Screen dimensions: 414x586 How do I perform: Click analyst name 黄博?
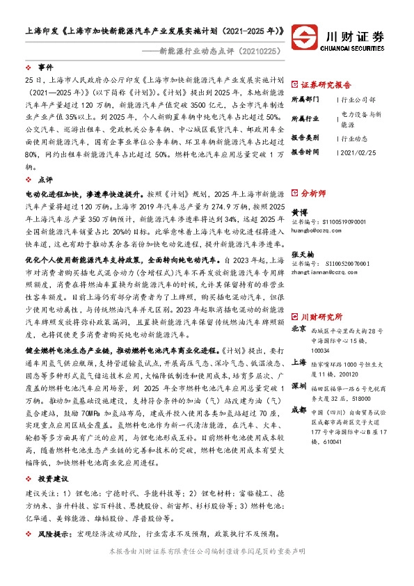pos(298,212)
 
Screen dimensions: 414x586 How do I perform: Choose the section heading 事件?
pos(46,68)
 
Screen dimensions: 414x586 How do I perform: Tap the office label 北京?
pos(298,308)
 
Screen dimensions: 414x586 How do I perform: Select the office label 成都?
pos(298,390)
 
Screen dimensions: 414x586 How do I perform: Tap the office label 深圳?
pos(298,365)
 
